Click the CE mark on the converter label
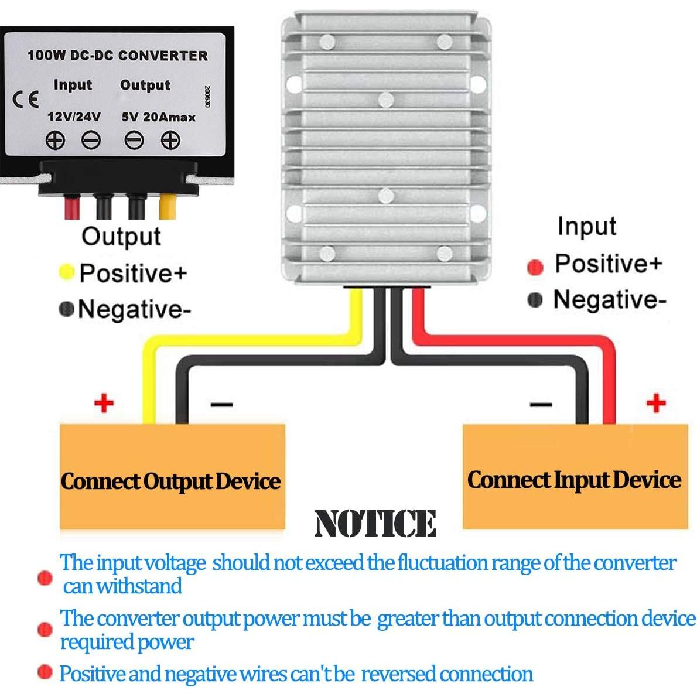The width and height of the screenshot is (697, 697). pos(26,98)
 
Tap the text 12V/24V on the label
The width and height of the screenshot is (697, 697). pos(74,117)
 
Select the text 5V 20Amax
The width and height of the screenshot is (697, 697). pos(158,117)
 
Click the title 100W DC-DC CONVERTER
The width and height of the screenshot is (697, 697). pos(117,56)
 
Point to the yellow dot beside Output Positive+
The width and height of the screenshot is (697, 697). pos(67,272)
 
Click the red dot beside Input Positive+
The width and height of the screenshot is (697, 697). pos(535,267)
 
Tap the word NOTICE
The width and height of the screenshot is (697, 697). pos(375,523)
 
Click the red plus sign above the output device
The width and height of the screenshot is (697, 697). pos(104,403)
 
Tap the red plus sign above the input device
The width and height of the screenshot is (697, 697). pos(656,403)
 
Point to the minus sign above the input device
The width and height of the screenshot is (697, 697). pos(540,404)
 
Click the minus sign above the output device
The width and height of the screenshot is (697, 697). pos(221,404)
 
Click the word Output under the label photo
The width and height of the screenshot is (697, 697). pos(121,237)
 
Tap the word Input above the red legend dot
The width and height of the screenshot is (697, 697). pos(586,226)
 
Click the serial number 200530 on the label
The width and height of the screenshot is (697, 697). pos(207,97)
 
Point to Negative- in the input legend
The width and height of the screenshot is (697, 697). pos(609,299)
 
